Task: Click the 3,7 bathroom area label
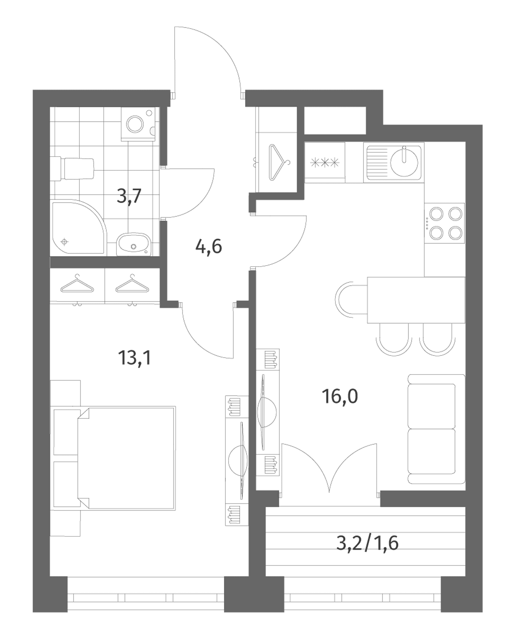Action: pyautogui.click(x=130, y=196)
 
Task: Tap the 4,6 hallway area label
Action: pyautogui.click(x=209, y=246)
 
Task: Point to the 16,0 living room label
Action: pyautogui.click(x=340, y=396)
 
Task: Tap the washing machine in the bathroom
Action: pyautogui.click(x=138, y=123)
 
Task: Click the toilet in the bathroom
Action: pyautogui.click(x=72, y=169)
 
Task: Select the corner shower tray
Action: pyautogui.click(x=78, y=228)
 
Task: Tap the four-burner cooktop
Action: pyautogui.click(x=445, y=223)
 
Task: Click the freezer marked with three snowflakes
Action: pyautogui.click(x=325, y=163)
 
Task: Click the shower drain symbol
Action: pyautogui.click(x=64, y=242)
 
